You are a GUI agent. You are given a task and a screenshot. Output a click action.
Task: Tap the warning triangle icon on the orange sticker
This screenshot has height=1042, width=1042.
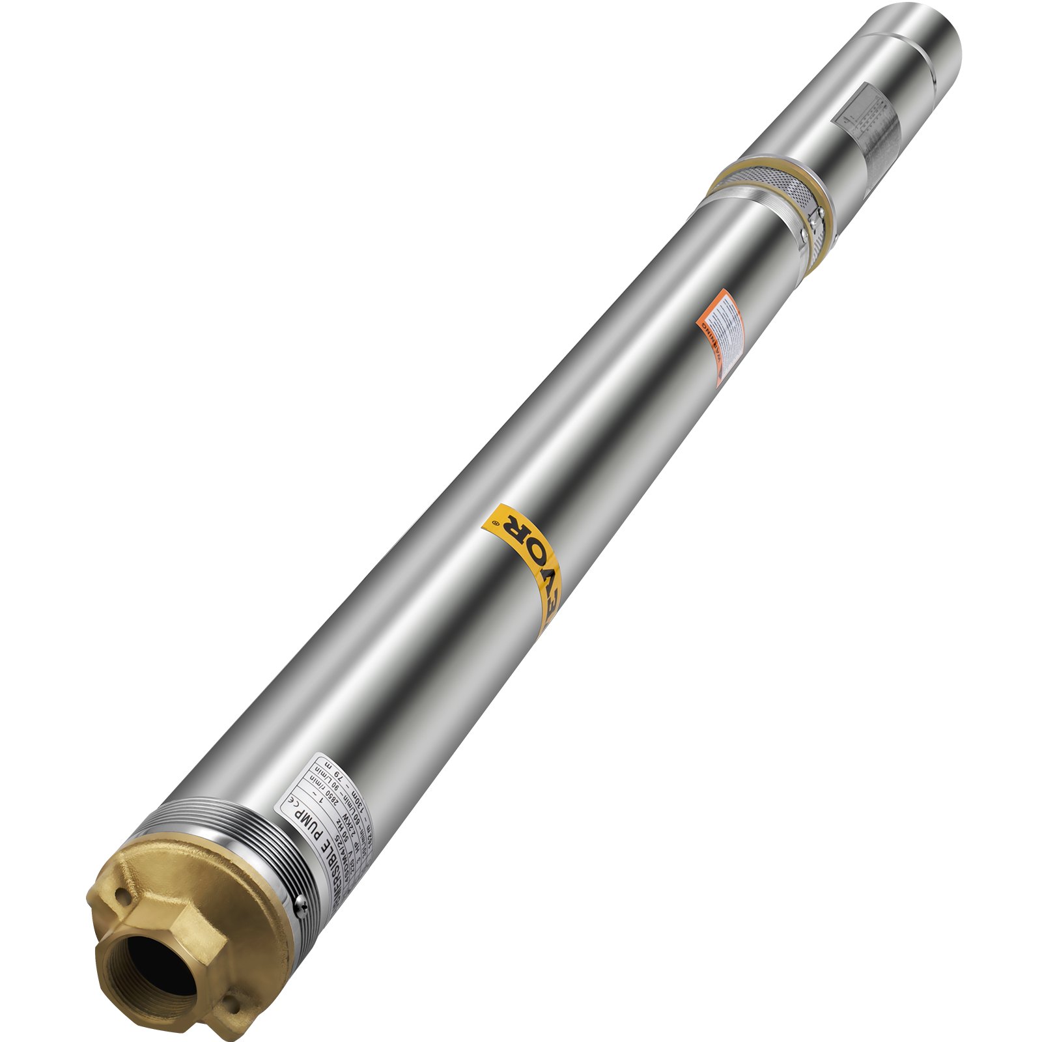click(720, 376)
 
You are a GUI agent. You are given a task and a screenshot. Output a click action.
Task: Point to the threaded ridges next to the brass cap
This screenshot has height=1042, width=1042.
click(215, 840)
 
